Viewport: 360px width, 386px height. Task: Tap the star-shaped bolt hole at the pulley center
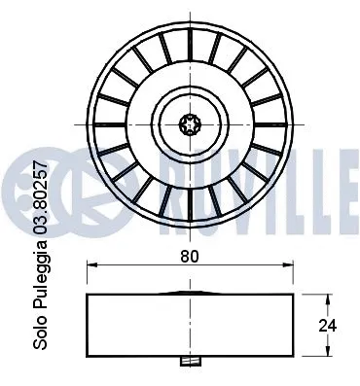point(189,123)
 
